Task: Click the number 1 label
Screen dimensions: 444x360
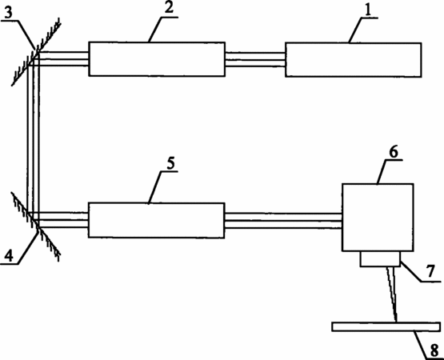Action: coord(367,10)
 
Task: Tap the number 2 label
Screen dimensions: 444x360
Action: coord(169,8)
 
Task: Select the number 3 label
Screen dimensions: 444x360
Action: coord(9,13)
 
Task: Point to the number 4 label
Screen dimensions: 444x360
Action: coord(9,256)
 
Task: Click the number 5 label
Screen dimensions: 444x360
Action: coord(170,163)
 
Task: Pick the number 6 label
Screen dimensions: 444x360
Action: coord(394,152)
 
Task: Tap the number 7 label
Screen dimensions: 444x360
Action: coord(430,271)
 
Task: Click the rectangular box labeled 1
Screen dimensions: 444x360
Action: coord(354,60)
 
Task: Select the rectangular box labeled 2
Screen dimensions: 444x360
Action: coord(157,59)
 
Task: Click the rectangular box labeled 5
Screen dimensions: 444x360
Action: coord(157,220)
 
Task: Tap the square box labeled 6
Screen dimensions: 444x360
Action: coord(378,218)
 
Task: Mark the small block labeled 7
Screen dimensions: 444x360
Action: coord(380,259)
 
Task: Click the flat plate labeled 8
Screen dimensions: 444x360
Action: coord(386,326)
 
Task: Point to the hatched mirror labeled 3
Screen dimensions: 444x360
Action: coord(36,52)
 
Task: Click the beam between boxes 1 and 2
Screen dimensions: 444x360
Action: coord(255,60)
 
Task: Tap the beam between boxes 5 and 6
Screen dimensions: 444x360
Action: coord(283,221)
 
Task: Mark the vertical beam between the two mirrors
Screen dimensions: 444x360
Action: coord(33,138)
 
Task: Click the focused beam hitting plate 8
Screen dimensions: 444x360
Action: coord(392,294)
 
